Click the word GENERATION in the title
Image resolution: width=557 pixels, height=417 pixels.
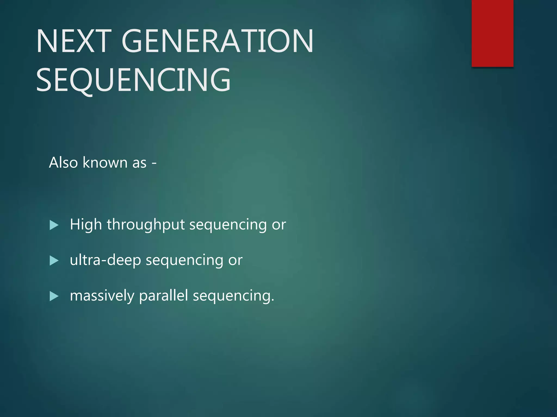coord(218,41)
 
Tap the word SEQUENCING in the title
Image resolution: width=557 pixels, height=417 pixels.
coord(133,80)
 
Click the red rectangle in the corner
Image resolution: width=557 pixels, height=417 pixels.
coord(492,33)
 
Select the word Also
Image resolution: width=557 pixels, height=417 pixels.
coord(63,163)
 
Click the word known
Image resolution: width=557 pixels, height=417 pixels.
coord(105,163)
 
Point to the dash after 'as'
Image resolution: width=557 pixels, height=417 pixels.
coord(154,163)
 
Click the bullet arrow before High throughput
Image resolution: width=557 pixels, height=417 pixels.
coord(54,225)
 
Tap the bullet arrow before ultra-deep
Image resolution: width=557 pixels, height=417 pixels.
coord(54,261)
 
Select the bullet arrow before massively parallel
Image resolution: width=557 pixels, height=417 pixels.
coord(54,296)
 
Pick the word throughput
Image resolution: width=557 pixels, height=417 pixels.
coord(146,225)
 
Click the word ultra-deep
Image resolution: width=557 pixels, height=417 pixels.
coord(106,260)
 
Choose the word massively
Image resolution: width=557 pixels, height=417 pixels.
coord(102,296)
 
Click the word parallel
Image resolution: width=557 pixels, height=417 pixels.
coord(163,295)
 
